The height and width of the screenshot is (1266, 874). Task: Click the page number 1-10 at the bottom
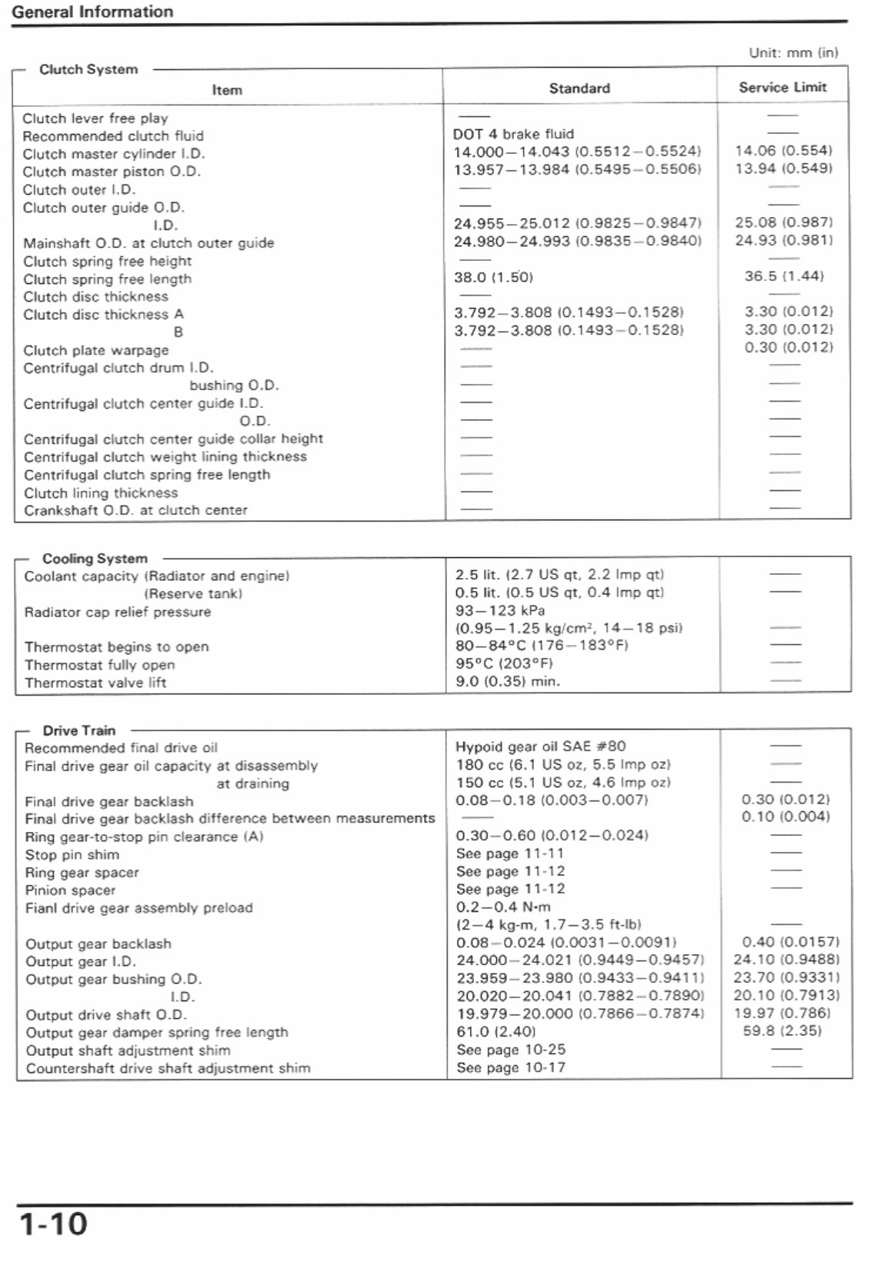[x=53, y=1224]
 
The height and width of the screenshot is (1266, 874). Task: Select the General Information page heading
[x=92, y=12]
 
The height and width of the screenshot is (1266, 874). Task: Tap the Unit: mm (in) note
[x=793, y=53]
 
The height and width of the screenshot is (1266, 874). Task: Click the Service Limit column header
[x=782, y=88]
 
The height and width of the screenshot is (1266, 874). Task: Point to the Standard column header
[x=579, y=89]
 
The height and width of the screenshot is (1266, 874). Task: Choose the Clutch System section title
[x=88, y=69]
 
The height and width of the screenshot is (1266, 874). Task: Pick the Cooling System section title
[x=95, y=559]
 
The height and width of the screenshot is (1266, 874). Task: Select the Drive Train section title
[x=79, y=730]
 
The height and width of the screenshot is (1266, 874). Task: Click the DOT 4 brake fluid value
[x=513, y=134]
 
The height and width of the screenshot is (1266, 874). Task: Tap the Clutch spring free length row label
[x=107, y=279]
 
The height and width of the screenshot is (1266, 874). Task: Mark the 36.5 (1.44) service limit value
[x=783, y=276]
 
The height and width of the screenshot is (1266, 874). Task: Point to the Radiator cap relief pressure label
[x=118, y=612]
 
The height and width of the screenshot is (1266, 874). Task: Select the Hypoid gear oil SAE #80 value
[x=541, y=747]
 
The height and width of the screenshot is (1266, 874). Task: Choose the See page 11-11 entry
[x=510, y=853]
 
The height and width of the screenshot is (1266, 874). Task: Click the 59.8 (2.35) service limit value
[x=782, y=1031]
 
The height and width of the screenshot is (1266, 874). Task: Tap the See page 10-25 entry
[x=511, y=1050]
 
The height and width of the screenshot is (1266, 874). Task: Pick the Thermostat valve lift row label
[x=95, y=683]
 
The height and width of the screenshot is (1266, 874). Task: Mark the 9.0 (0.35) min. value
[x=508, y=681]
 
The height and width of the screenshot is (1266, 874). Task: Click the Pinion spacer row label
[x=70, y=890]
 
